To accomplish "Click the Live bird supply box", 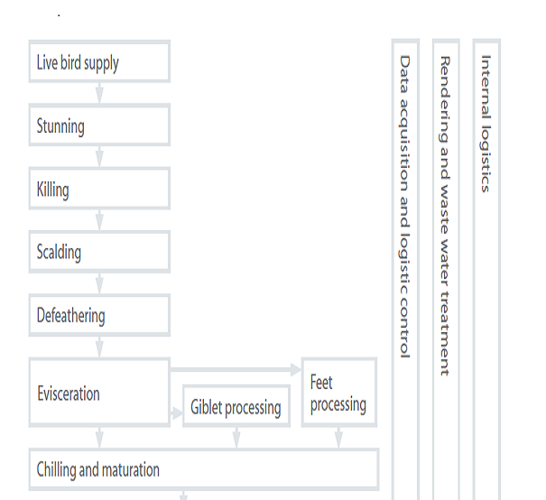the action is pyautogui.click(x=99, y=61).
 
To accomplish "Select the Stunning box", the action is pyautogui.click(x=99, y=125).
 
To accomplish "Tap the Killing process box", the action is pyautogui.click(x=99, y=189).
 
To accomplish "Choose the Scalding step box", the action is pyautogui.click(x=99, y=252).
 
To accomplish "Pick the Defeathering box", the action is pyautogui.click(x=99, y=315).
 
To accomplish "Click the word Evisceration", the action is pyautogui.click(x=69, y=394).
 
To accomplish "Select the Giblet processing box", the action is pyautogui.click(x=236, y=406).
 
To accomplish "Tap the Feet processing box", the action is pyautogui.click(x=339, y=392).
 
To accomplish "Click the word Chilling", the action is pyautogui.click(x=56, y=469).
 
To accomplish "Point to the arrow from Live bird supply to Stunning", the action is pyautogui.click(x=99, y=93).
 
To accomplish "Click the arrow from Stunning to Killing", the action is pyautogui.click(x=99, y=156).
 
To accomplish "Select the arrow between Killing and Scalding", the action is pyautogui.click(x=99, y=219).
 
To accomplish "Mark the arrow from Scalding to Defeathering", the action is pyautogui.click(x=99, y=283).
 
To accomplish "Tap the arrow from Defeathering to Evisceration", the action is pyautogui.click(x=99, y=347).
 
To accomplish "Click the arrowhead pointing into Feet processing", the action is pyautogui.click(x=296, y=369).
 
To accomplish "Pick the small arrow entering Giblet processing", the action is pyautogui.click(x=176, y=413).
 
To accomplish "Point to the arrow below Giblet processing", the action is pyautogui.click(x=236, y=438).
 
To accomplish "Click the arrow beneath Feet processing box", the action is pyautogui.click(x=338, y=438).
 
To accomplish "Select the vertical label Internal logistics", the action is pyautogui.click(x=486, y=124).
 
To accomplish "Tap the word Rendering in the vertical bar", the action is pyautogui.click(x=445, y=99).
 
